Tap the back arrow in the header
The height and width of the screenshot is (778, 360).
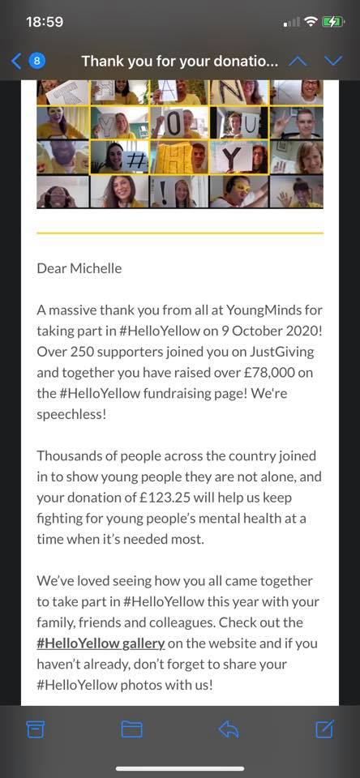click(x=15, y=61)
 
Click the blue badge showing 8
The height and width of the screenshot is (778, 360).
click(x=37, y=61)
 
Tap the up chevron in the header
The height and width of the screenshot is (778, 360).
click(x=298, y=61)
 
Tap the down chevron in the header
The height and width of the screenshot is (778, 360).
click(x=333, y=61)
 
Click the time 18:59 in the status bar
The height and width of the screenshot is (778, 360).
click(x=45, y=22)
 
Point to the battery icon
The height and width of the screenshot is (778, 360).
click(x=333, y=22)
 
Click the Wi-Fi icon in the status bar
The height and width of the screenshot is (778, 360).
click(x=311, y=22)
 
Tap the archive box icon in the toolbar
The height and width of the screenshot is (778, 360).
click(x=36, y=729)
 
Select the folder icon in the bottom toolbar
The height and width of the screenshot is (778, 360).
click(x=131, y=729)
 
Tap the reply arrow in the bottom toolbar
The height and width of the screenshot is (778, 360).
click(x=228, y=729)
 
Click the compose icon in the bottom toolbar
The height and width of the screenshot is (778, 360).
click(x=324, y=729)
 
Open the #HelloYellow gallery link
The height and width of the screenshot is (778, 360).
click(x=101, y=643)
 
